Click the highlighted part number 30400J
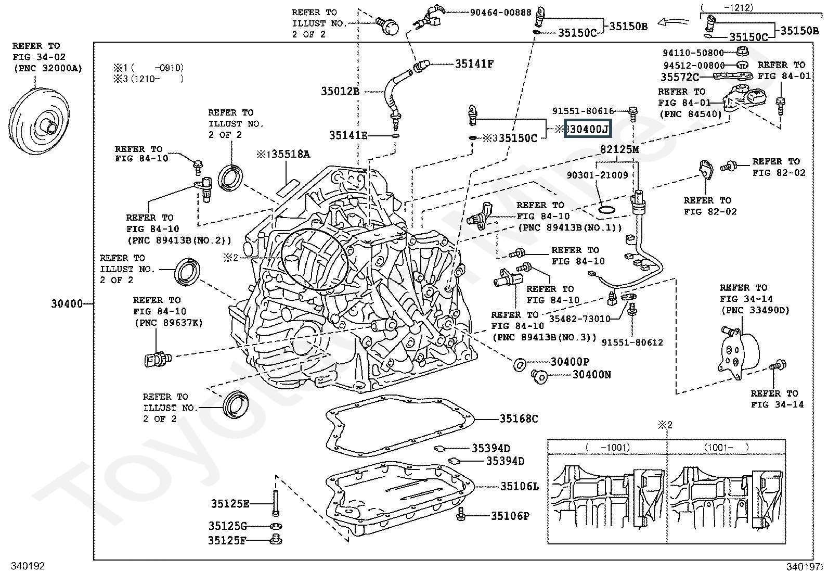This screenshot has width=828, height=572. [588, 129]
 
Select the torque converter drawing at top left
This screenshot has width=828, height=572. [37, 124]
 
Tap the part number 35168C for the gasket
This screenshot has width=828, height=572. [519, 418]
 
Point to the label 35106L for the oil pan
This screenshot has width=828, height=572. [519, 487]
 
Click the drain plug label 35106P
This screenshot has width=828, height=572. [510, 516]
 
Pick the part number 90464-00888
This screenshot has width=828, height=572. [500, 12]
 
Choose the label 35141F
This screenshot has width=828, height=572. [474, 63]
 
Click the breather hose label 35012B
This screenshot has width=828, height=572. [340, 91]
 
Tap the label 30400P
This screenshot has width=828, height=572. [570, 362]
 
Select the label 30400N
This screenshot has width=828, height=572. [591, 374]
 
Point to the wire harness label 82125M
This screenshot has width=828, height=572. [619, 149]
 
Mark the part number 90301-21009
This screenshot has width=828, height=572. [597, 175]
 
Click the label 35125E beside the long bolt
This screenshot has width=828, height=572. [230, 503]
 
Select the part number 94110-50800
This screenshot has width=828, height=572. [693, 53]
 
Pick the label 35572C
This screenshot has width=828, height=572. [680, 77]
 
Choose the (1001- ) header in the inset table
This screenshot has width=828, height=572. [726, 447]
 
